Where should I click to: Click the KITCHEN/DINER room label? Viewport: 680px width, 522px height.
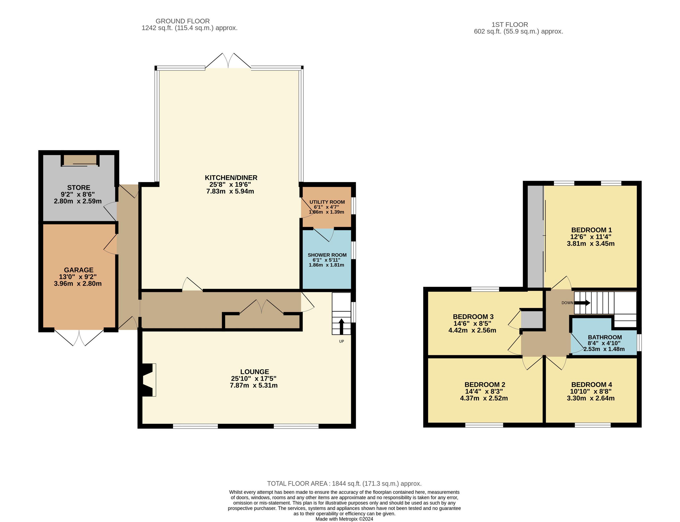tap(231, 178)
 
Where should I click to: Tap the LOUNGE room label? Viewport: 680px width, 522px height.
tap(255, 372)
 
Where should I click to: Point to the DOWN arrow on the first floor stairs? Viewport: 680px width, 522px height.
tap(582, 303)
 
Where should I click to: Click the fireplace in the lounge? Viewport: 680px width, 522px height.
tap(149, 380)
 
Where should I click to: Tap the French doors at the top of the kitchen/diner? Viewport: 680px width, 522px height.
tap(228, 60)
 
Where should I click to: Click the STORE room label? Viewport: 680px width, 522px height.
tap(79, 188)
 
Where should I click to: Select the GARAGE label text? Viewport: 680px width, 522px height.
tap(79, 270)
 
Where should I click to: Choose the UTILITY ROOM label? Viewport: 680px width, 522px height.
tap(327, 202)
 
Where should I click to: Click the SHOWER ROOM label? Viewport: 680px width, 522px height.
tap(327, 255)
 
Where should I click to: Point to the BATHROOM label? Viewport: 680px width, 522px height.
tap(605, 337)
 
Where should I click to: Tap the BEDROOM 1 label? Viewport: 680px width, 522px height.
tap(591, 230)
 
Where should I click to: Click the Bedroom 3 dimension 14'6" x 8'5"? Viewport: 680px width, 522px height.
tap(472, 324)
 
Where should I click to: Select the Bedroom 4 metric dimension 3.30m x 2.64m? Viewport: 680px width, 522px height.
tap(591, 398)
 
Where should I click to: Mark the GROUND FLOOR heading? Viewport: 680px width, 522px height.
tap(183, 21)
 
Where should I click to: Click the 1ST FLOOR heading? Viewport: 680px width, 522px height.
tap(510, 25)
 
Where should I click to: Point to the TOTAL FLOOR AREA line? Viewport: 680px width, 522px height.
tap(344, 484)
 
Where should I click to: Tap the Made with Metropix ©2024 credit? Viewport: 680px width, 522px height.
tap(344, 519)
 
